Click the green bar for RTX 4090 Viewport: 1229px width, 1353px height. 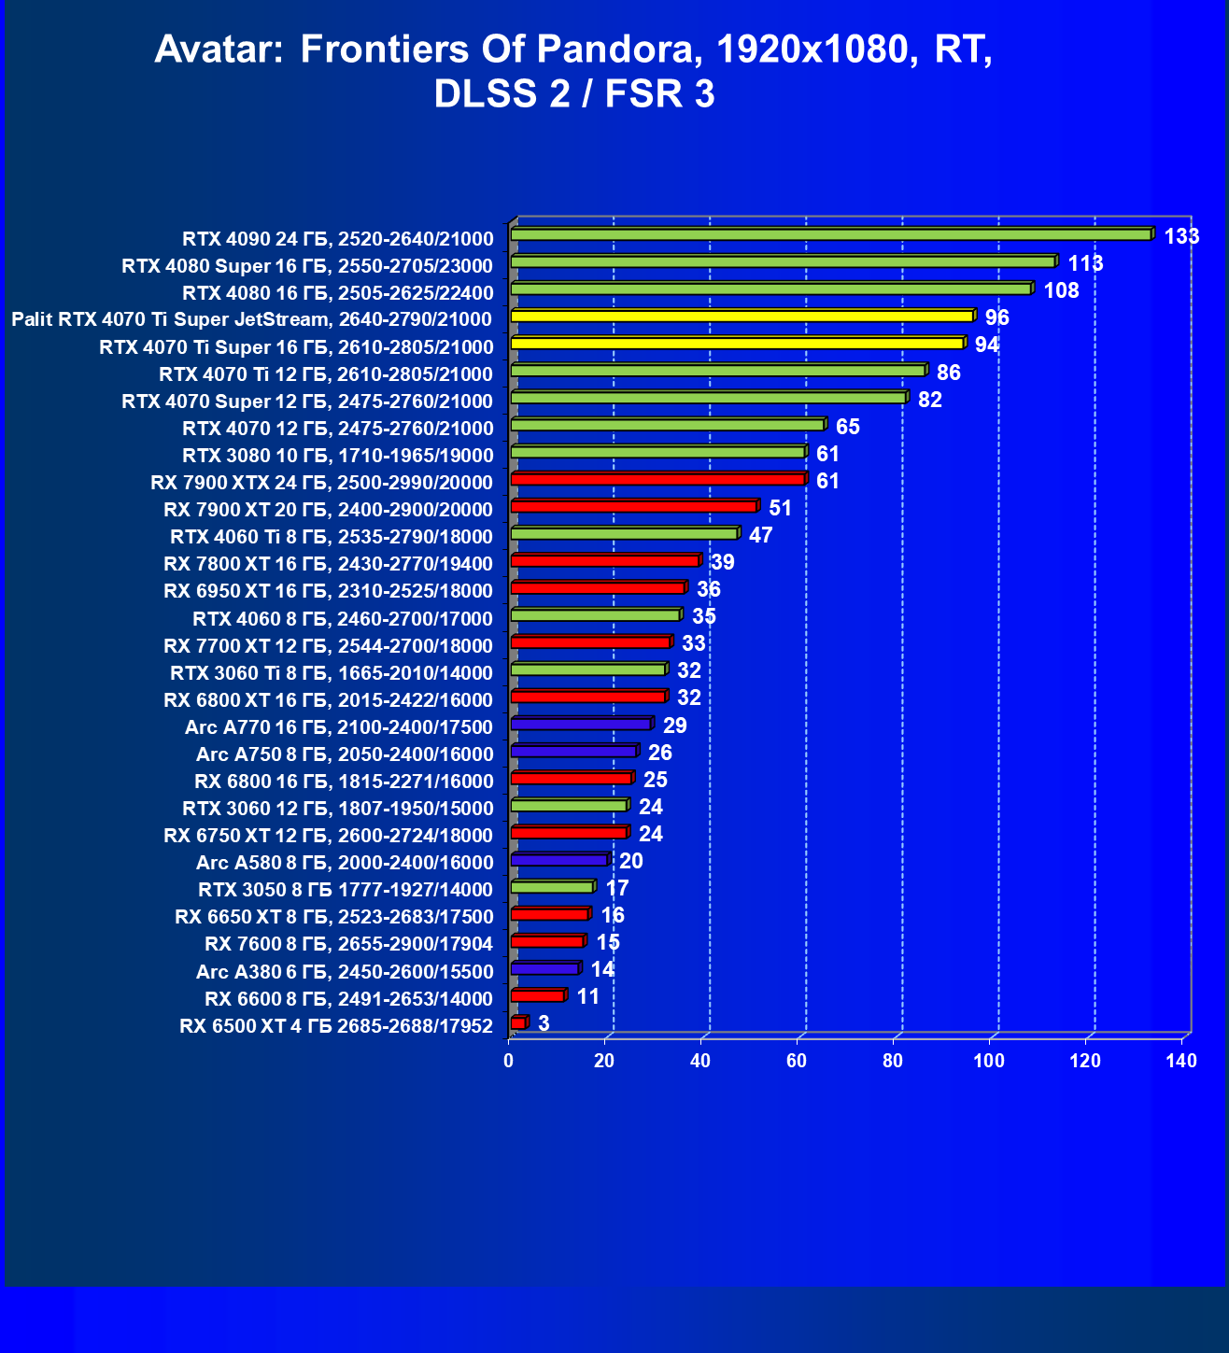[x=831, y=234]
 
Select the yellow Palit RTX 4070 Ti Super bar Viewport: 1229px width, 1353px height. [x=742, y=316]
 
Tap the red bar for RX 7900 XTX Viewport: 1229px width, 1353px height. [x=657, y=479]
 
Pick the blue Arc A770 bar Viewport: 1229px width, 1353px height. [x=581, y=724]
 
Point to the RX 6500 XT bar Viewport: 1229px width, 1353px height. [x=518, y=1023]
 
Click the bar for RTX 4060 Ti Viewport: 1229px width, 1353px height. [x=624, y=533]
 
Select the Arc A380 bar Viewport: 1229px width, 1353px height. [x=545, y=968]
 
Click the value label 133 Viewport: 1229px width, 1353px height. [x=1181, y=236]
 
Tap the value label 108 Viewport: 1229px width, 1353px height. [x=1061, y=290]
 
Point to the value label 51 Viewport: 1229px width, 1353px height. [x=780, y=508]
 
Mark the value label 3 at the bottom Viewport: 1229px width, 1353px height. [x=544, y=1023]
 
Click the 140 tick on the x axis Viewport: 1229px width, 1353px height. [x=1181, y=1061]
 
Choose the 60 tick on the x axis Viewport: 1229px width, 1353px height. [x=797, y=1061]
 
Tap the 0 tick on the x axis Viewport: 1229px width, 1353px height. [x=509, y=1061]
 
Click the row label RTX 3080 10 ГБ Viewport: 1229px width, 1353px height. [x=337, y=456]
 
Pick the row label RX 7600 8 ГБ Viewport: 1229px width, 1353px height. [x=348, y=944]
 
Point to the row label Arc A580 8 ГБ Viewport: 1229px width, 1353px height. [x=345, y=863]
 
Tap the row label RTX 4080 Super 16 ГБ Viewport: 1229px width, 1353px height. [x=307, y=266]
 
